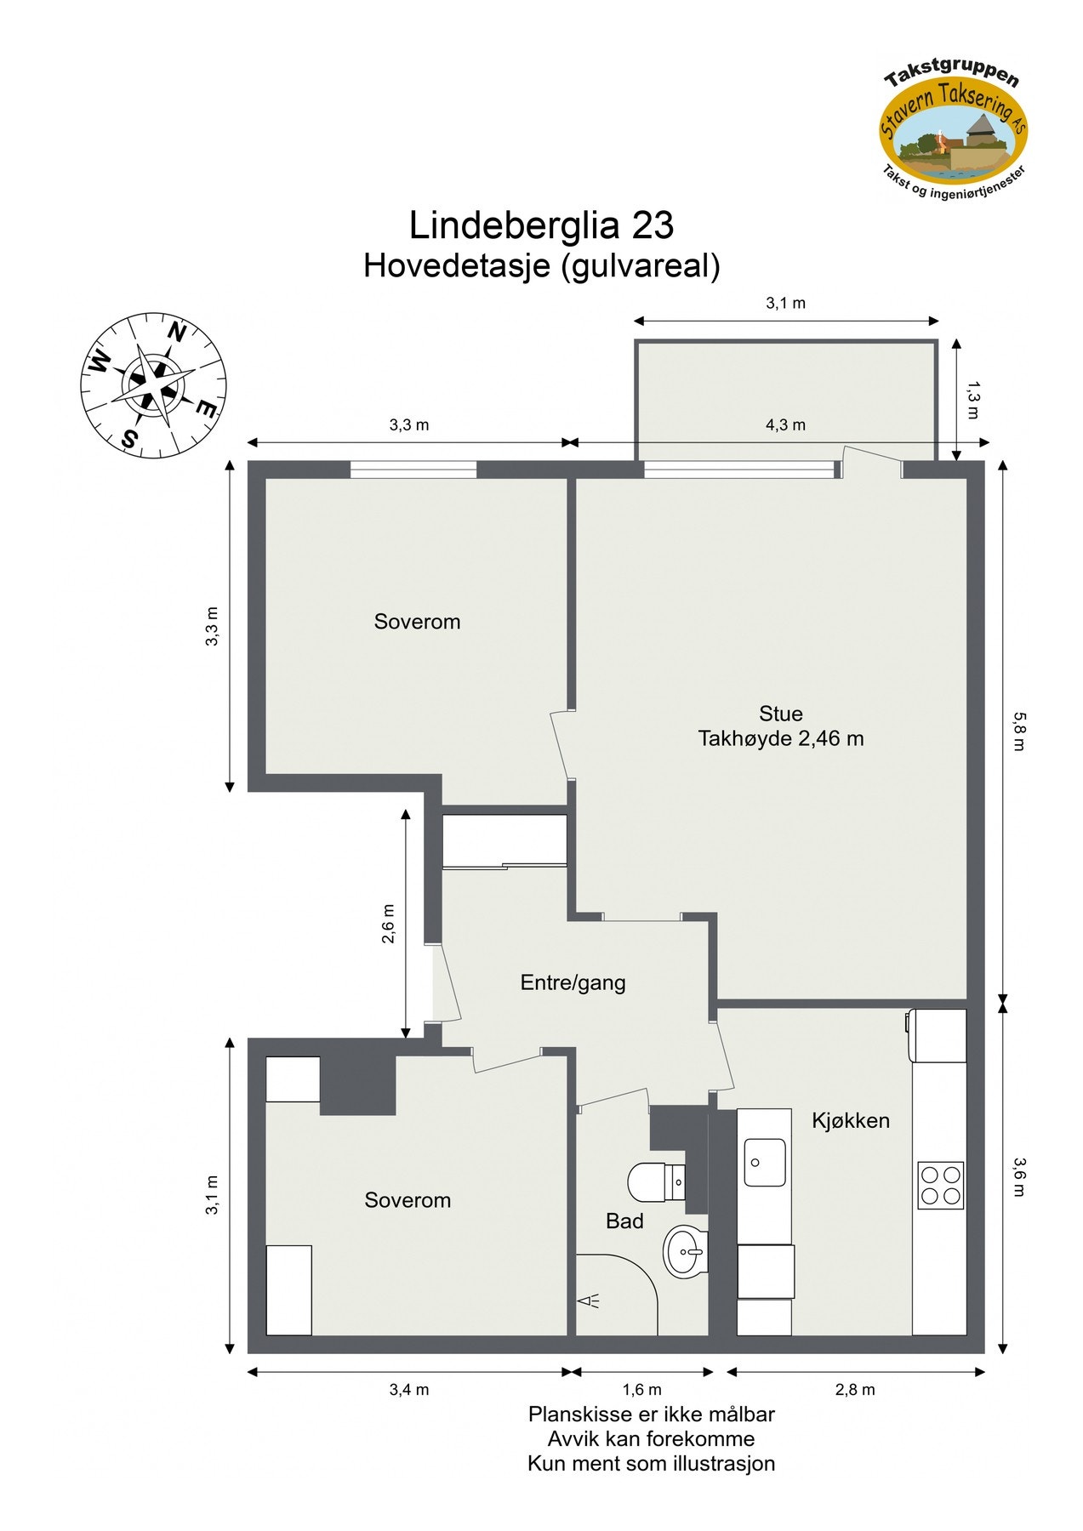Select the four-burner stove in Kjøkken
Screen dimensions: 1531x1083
point(940,1185)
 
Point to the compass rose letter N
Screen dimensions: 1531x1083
point(176,332)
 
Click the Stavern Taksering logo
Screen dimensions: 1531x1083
point(953,128)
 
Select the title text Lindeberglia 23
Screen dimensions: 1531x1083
point(541,226)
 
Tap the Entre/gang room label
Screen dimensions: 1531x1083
point(573,983)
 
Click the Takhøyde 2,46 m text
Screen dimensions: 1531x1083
point(780,739)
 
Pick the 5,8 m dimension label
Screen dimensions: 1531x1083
point(1019,731)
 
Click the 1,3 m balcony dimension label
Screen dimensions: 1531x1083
point(972,400)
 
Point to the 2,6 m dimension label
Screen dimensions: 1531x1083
point(388,924)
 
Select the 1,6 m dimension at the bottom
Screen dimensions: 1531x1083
point(641,1390)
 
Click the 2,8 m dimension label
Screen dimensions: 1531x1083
point(854,1390)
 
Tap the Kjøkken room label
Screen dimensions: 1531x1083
point(850,1121)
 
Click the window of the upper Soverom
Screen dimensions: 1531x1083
point(413,470)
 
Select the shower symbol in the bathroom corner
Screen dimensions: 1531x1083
point(589,1301)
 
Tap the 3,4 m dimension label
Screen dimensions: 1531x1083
point(408,1390)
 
